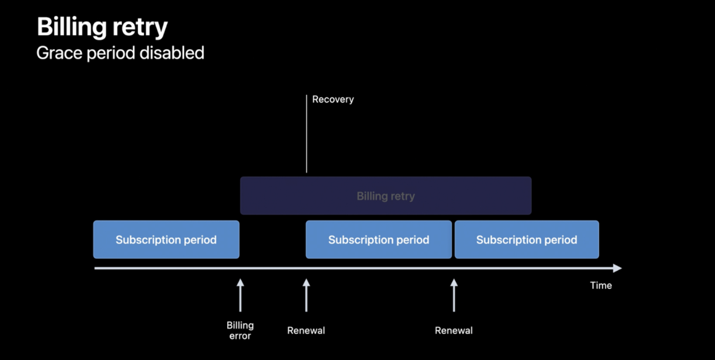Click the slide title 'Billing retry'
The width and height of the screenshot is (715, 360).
102,28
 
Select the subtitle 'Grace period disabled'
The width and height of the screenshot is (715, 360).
120,53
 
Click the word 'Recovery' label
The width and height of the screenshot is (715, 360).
333,99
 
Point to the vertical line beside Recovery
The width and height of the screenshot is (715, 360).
306,134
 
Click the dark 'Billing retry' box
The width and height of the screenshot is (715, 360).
385,196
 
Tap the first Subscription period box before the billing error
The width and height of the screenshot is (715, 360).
166,239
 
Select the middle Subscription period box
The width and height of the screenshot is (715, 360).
379,239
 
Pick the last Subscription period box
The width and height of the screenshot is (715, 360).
527,239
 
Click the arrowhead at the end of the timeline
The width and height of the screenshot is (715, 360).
618,268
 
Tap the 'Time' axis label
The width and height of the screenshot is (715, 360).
601,286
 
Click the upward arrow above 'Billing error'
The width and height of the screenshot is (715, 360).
240,295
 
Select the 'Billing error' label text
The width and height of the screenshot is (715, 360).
240,331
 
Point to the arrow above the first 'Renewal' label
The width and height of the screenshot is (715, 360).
306,295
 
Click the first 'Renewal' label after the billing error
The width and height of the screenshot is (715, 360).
306,330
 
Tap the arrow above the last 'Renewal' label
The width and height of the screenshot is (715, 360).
454,295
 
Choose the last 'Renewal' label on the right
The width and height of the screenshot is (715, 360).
454,330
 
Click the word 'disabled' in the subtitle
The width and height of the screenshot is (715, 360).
172,53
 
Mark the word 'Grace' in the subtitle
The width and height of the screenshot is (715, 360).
59,53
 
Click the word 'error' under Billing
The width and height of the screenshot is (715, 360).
240,336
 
